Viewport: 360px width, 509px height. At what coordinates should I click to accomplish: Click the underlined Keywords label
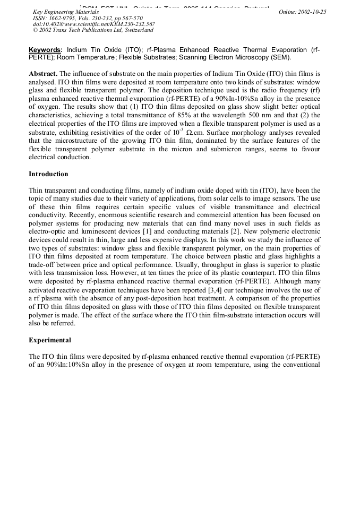(46, 49)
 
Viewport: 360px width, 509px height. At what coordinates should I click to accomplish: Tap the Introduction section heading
(48, 174)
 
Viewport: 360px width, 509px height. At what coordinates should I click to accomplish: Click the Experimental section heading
(50, 340)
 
